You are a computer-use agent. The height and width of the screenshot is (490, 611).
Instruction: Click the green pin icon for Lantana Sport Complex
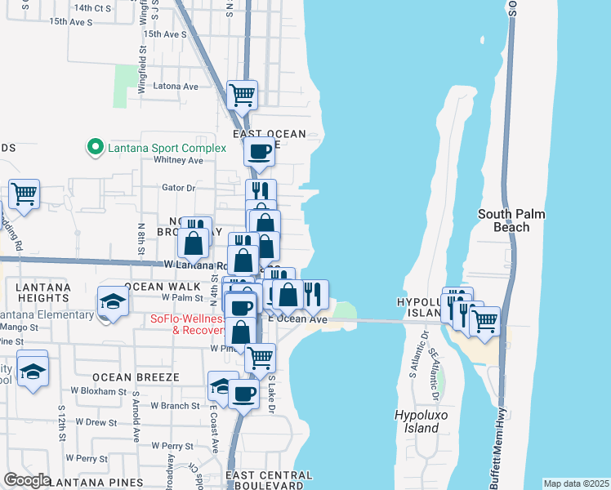(95, 148)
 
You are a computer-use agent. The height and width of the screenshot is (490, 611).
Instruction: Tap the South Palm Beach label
(511, 220)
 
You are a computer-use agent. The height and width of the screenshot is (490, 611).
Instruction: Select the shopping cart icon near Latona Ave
(243, 95)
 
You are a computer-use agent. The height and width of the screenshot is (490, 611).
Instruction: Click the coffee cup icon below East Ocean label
(259, 151)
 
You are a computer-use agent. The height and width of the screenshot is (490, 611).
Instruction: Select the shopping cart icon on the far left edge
(24, 195)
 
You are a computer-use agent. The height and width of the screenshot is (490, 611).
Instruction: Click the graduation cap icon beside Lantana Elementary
(113, 301)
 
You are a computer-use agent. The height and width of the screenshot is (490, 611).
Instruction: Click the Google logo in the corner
(26, 480)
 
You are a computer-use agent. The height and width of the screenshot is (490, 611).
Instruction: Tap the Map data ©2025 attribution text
(576, 483)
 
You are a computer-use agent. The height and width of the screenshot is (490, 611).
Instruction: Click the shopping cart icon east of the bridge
(485, 320)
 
